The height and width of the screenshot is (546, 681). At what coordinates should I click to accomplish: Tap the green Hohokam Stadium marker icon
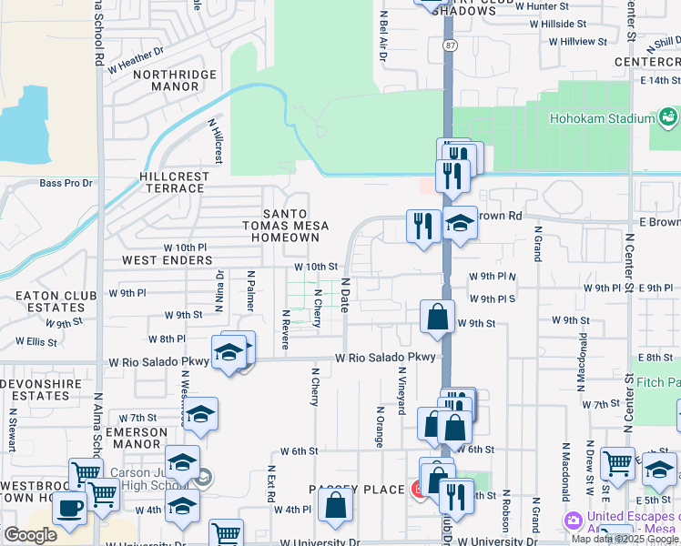(669, 117)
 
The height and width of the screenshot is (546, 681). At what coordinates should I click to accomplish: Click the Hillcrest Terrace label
(172, 182)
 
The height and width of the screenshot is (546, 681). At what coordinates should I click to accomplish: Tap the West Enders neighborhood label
(168, 260)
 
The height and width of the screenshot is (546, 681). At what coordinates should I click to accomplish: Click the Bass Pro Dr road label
(66, 183)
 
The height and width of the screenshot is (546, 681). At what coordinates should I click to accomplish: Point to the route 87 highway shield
(450, 45)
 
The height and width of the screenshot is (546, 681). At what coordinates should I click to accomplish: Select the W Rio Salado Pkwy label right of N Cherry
(386, 358)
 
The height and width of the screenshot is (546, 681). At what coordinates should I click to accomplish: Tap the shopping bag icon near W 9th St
(437, 318)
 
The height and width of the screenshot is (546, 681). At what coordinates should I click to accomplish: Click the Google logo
(30, 535)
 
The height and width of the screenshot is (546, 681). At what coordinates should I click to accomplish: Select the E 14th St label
(658, 81)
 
